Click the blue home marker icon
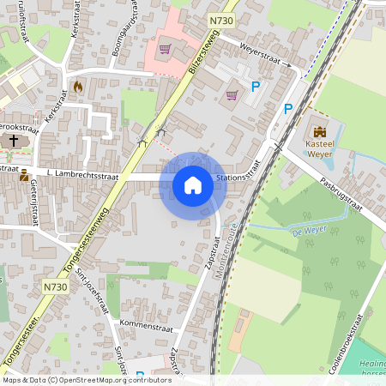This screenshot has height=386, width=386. tap(193, 185)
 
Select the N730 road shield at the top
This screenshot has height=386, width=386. tap(220, 18)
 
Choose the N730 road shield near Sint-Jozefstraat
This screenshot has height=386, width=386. tap(53, 286)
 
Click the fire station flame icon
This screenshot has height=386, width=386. tap(78, 87)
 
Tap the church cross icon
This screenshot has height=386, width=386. tap(15, 140)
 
